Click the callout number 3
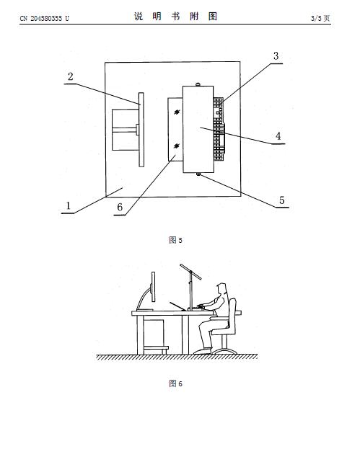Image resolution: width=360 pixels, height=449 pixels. click(x=276, y=55)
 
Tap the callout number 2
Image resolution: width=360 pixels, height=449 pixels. click(x=71, y=76)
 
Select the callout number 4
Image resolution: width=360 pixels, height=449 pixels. click(x=278, y=135)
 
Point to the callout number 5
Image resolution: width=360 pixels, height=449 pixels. click(x=282, y=200)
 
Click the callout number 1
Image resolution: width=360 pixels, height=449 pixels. click(x=69, y=205)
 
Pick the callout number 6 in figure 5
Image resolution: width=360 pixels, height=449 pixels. click(x=120, y=207)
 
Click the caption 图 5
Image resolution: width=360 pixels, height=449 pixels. click(x=175, y=240)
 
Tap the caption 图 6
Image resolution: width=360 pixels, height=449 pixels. click(x=175, y=383)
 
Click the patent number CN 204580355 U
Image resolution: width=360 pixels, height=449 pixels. click(x=45, y=18)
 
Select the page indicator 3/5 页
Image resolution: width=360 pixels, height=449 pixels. click(x=320, y=18)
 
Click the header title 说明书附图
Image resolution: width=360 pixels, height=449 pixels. click(x=175, y=17)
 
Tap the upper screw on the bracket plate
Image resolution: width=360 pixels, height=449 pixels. click(x=177, y=112)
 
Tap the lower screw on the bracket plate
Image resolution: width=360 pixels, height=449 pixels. click(x=177, y=146)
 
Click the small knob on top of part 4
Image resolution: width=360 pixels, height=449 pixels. click(x=198, y=84)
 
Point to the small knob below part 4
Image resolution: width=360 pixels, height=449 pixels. click(x=198, y=174)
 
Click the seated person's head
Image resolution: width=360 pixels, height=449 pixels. click(x=221, y=288)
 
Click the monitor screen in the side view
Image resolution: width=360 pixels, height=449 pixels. click(x=154, y=287)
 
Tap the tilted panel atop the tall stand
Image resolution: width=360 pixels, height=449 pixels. click(x=190, y=272)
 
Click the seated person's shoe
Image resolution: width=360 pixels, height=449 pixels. click(x=202, y=351)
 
